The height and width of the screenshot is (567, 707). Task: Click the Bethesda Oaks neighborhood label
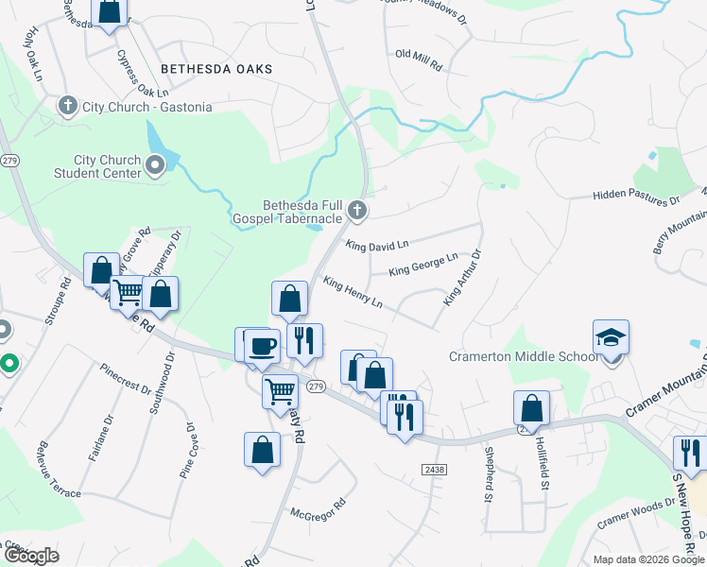(x=216, y=69)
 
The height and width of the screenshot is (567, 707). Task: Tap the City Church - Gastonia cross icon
(x=67, y=106)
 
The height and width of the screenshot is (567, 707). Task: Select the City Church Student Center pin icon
(x=155, y=167)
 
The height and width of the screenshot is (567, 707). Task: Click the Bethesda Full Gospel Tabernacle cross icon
(x=356, y=210)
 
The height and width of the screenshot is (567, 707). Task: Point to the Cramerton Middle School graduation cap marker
(x=611, y=336)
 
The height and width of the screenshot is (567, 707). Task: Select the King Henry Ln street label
(x=353, y=292)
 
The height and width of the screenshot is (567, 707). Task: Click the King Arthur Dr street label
(x=463, y=277)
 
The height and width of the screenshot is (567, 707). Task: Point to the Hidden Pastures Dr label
(x=636, y=196)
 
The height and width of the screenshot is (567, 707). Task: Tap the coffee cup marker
(x=262, y=345)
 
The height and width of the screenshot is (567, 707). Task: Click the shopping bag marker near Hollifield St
(x=532, y=407)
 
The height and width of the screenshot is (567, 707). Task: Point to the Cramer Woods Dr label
(x=628, y=517)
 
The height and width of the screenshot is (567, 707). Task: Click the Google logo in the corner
(x=30, y=556)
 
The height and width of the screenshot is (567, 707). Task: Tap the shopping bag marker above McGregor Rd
(x=262, y=449)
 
